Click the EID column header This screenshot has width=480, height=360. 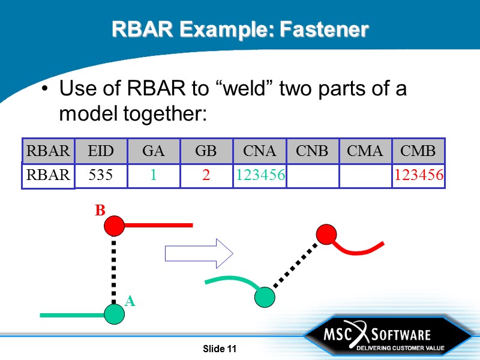100,151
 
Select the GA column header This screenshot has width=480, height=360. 153,151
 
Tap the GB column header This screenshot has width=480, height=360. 206,151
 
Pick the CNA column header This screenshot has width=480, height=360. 260,151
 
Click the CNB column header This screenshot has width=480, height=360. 313,151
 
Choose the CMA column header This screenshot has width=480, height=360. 365,151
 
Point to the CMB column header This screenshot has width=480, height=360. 418,151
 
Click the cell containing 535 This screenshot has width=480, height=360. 100,175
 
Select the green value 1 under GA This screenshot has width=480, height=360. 153,175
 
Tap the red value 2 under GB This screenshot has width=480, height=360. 206,175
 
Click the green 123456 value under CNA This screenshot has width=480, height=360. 260,175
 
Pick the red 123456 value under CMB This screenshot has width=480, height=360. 418,175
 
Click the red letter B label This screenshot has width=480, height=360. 100,211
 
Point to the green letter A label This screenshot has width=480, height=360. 130,302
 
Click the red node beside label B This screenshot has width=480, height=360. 114,226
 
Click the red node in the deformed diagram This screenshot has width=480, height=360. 326,234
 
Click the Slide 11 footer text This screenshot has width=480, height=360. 220,349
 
